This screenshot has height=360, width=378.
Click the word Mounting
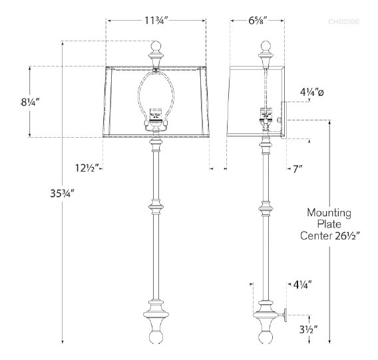click(329, 213)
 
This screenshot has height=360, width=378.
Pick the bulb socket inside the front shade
click(157, 116)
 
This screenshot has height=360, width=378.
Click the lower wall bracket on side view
click(282, 315)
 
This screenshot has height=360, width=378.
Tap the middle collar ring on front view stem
click(157, 209)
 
